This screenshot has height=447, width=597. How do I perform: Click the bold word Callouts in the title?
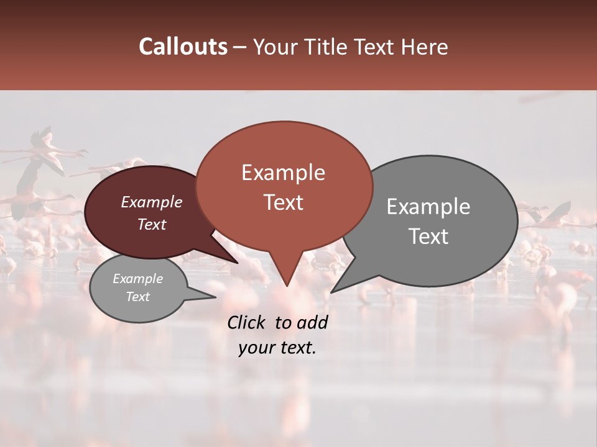[x=183, y=47]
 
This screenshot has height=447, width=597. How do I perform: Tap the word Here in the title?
[x=424, y=47]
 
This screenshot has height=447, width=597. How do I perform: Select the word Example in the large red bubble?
[x=283, y=173]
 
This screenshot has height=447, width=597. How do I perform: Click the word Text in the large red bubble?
[x=283, y=202]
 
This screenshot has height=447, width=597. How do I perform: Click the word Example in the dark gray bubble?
[x=428, y=207]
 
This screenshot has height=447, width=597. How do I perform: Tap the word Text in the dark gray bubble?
[x=428, y=237]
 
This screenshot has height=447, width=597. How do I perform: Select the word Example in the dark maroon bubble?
[x=152, y=202]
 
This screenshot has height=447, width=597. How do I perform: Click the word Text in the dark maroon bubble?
[x=152, y=224]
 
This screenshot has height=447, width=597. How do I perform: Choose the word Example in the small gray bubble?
[x=137, y=279]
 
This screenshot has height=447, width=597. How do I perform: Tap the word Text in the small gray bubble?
[x=137, y=297]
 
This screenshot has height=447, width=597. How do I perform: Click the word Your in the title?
[x=276, y=47]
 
